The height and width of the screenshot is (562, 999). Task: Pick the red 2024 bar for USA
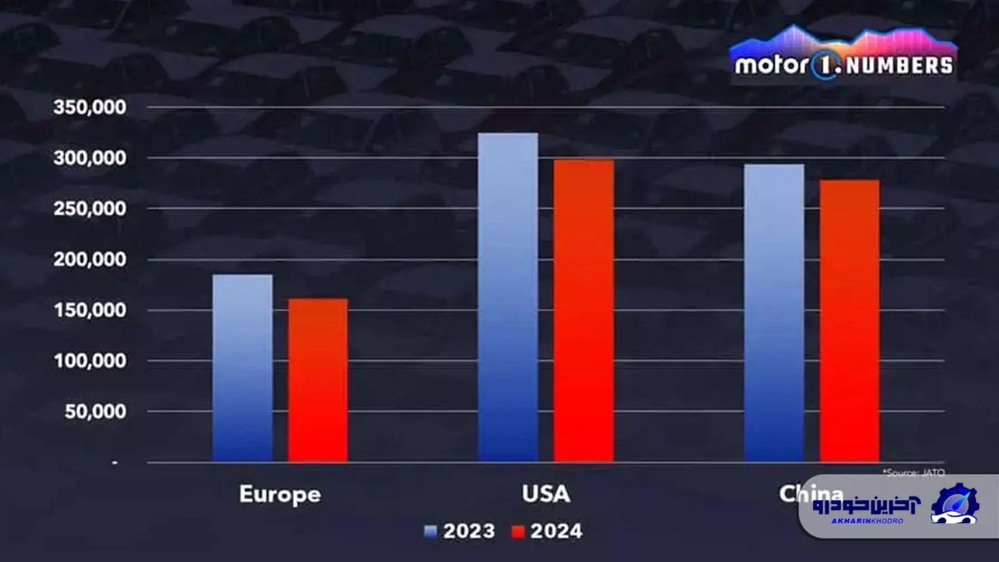(x=584, y=311)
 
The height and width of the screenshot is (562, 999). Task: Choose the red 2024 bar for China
(x=849, y=321)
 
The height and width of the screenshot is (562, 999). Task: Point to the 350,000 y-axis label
(x=90, y=107)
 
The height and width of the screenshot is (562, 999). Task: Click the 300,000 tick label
(x=90, y=158)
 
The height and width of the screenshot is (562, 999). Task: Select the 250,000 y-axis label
(x=90, y=209)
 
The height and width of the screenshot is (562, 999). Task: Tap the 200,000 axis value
(x=90, y=259)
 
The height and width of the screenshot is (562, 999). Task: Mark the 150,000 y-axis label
(x=90, y=310)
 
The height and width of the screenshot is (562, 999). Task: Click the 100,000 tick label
(x=90, y=361)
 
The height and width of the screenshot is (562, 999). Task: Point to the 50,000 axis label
(x=95, y=412)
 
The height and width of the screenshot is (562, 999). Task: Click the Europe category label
(x=280, y=494)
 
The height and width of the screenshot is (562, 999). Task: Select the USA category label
(x=546, y=494)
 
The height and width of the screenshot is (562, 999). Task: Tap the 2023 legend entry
(x=460, y=531)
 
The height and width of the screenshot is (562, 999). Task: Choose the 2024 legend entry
(x=547, y=531)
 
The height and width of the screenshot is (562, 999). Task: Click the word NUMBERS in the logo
(x=899, y=66)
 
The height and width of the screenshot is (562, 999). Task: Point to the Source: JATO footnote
(x=914, y=473)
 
